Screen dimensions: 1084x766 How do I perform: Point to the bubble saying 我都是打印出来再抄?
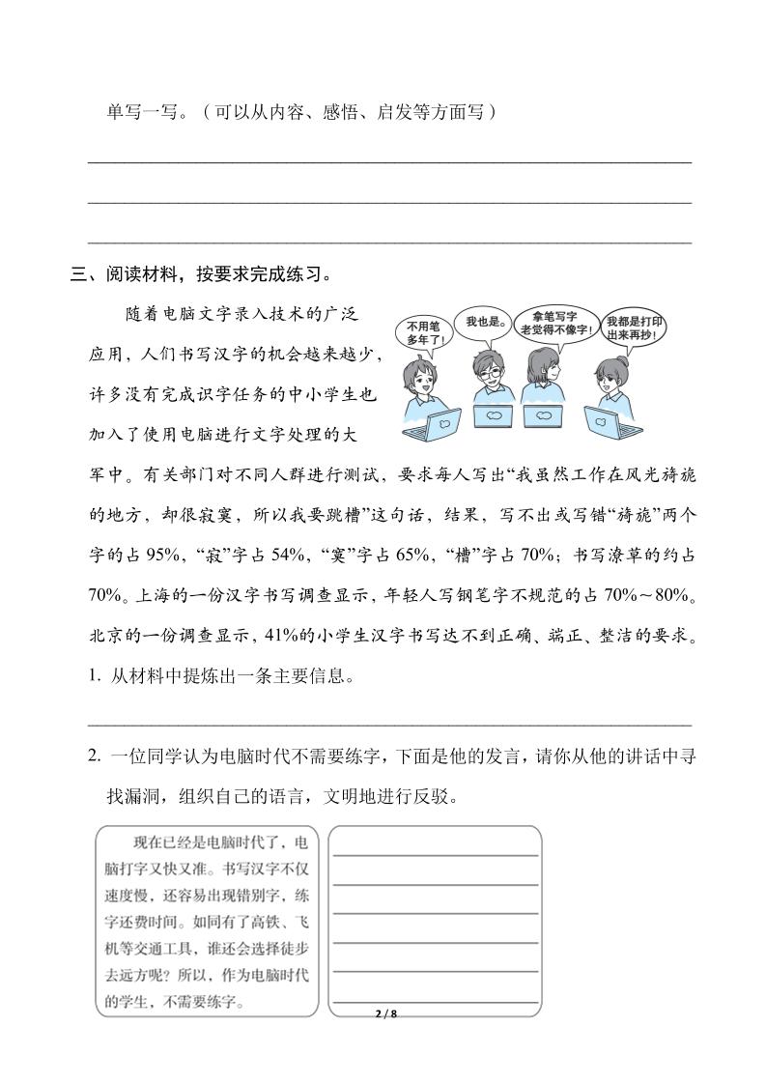pyautogui.click(x=634, y=329)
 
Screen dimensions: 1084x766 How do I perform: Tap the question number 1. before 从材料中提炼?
pyautogui.click(x=94, y=676)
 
